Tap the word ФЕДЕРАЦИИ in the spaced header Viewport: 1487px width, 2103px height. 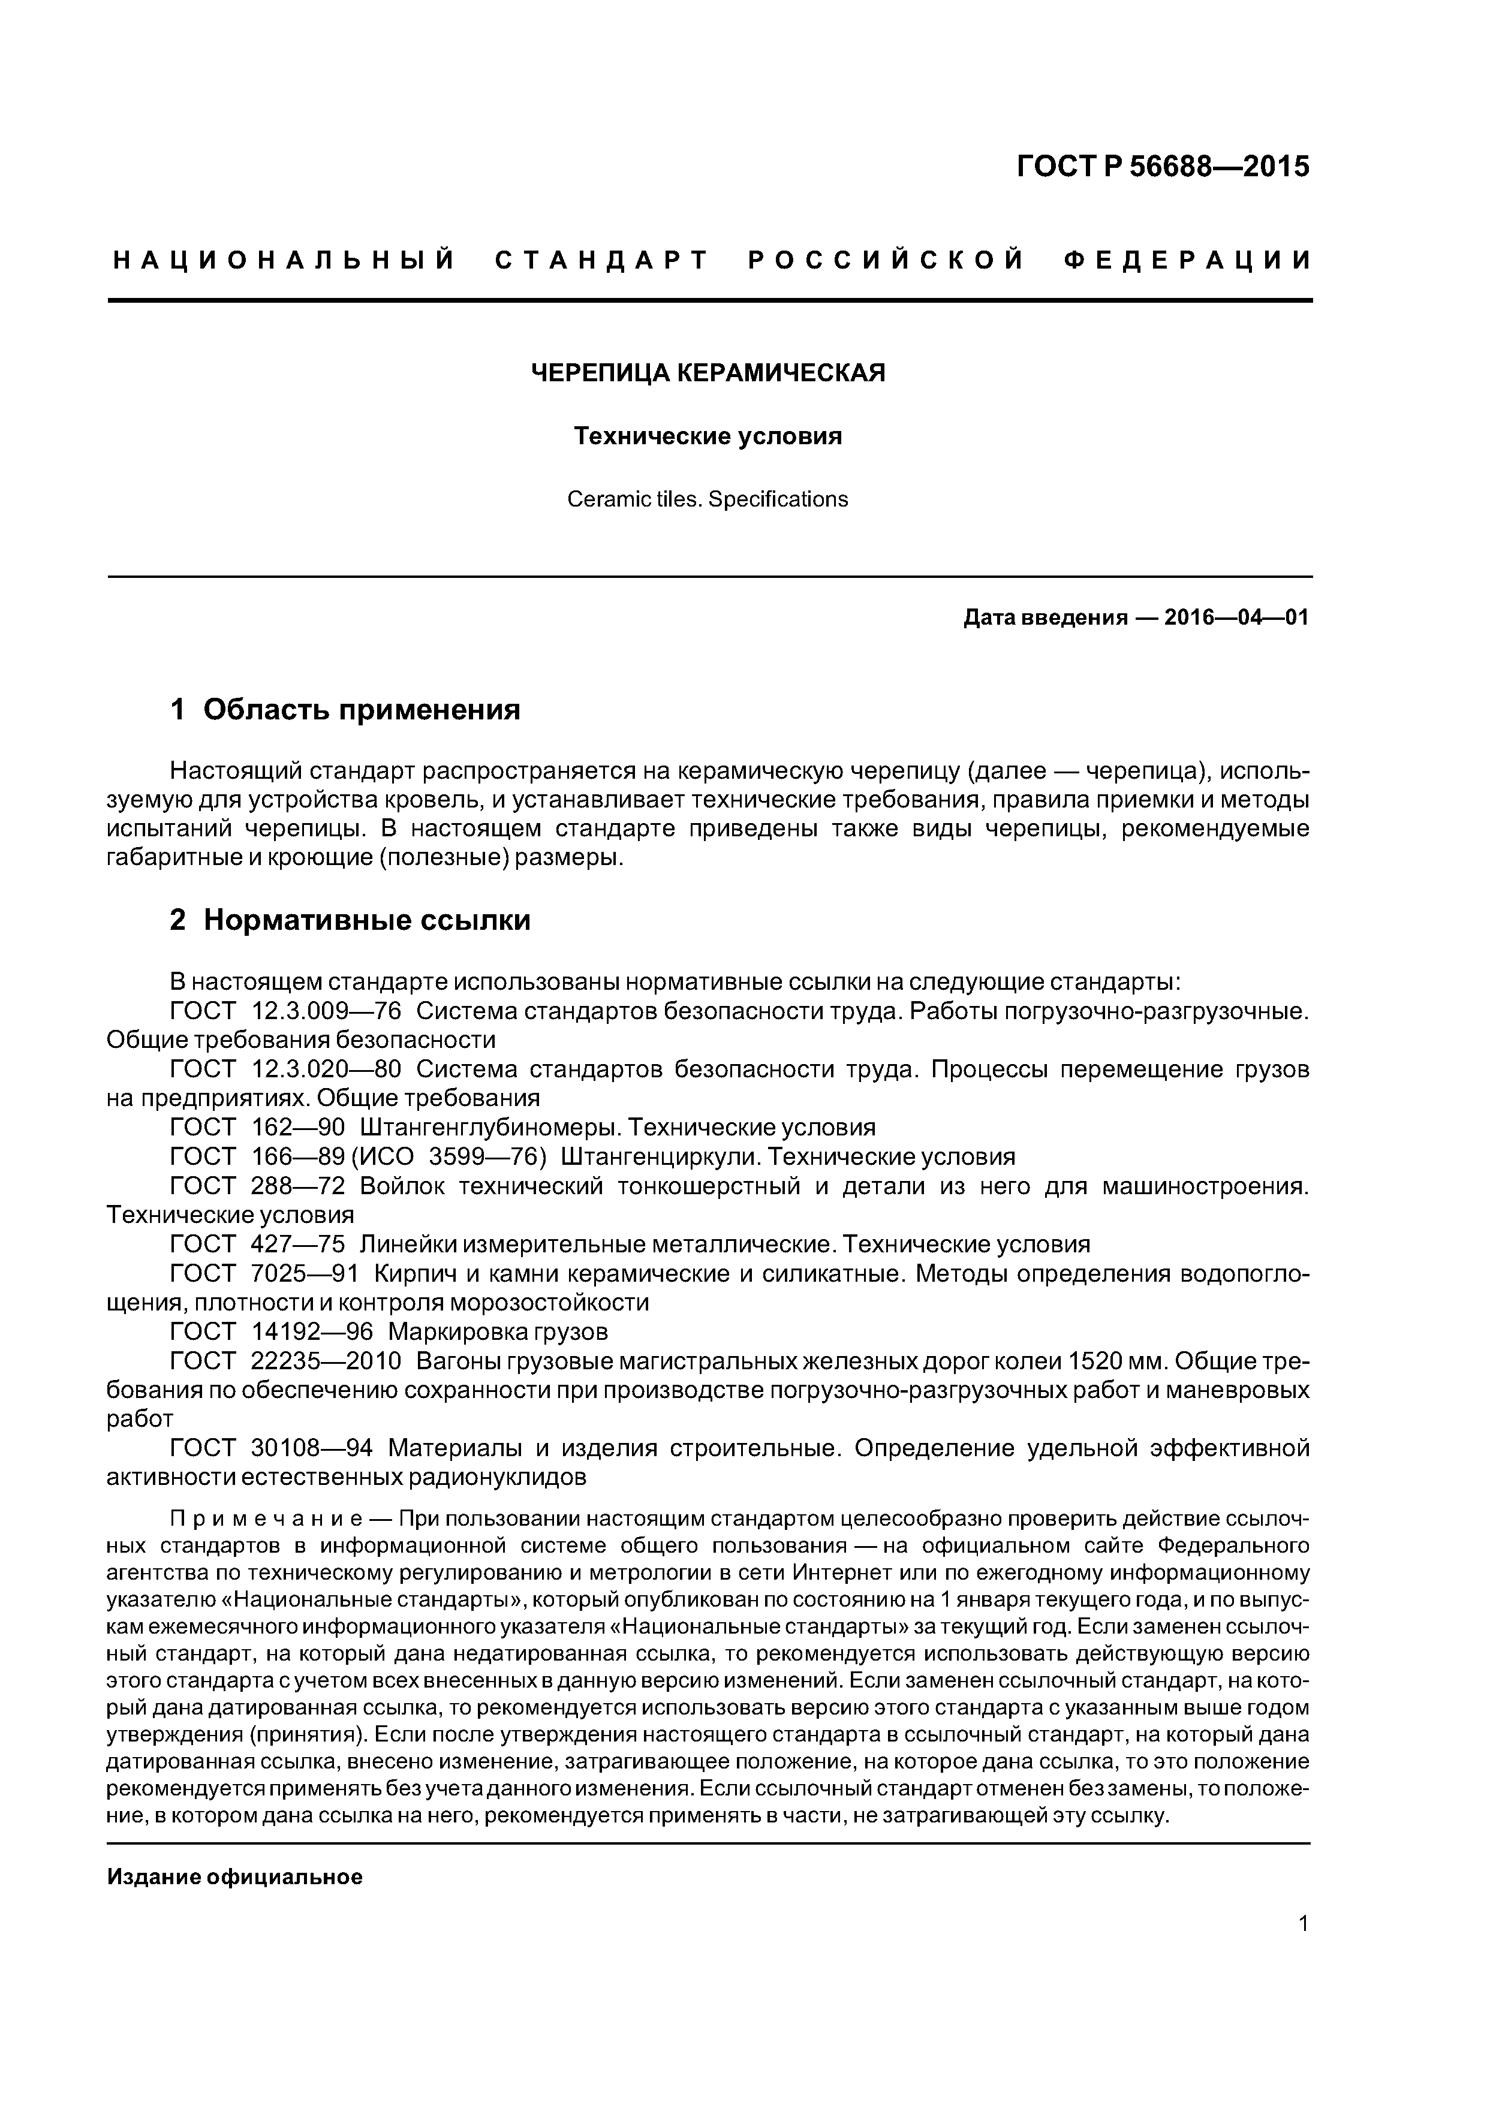[1187, 261]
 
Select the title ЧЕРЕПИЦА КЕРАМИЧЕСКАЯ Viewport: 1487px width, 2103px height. [708, 373]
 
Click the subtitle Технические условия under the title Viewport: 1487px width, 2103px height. [708, 436]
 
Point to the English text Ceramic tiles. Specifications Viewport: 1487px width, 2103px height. [708, 499]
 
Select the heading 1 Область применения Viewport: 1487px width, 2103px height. [345, 709]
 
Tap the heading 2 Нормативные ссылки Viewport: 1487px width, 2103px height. [350, 920]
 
